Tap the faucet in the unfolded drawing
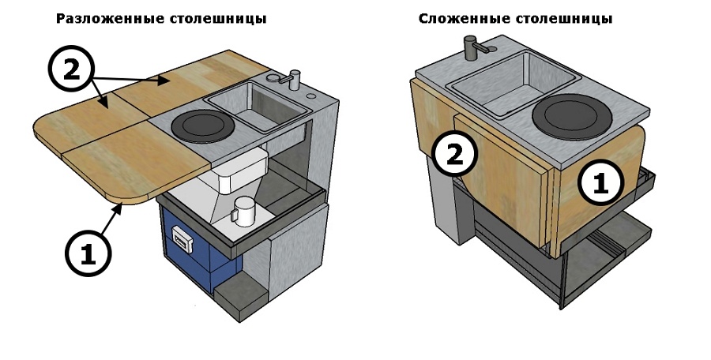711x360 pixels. pyautogui.click(x=295, y=78)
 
